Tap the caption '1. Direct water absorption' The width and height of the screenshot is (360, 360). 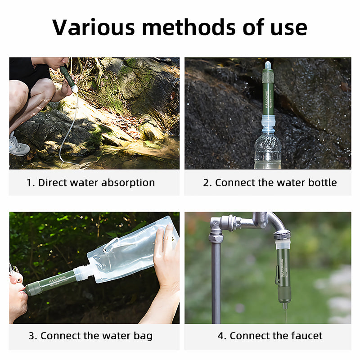click(x=90, y=183)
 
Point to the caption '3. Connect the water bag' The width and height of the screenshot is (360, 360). click(x=90, y=336)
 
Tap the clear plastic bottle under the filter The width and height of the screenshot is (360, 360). click(x=267, y=151)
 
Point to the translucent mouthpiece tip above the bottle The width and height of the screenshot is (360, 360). click(x=268, y=66)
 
